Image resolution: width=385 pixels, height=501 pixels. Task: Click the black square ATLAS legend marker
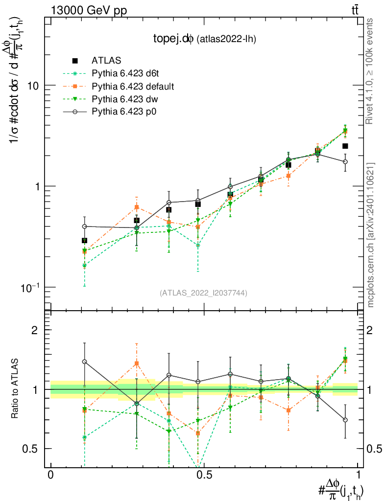tap(75, 61)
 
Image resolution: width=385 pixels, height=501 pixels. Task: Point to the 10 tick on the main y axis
tap(33, 86)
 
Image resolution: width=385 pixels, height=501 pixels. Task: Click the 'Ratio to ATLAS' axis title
tap(16, 389)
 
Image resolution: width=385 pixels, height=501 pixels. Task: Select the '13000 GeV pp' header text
tap(88, 10)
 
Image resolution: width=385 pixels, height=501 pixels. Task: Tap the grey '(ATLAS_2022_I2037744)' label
tap(203, 293)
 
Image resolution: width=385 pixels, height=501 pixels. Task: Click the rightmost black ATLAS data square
tap(345, 146)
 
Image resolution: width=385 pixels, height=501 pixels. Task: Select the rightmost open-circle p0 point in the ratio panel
tap(345, 420)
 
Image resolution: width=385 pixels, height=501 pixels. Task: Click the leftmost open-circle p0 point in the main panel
tap(84, 227)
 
